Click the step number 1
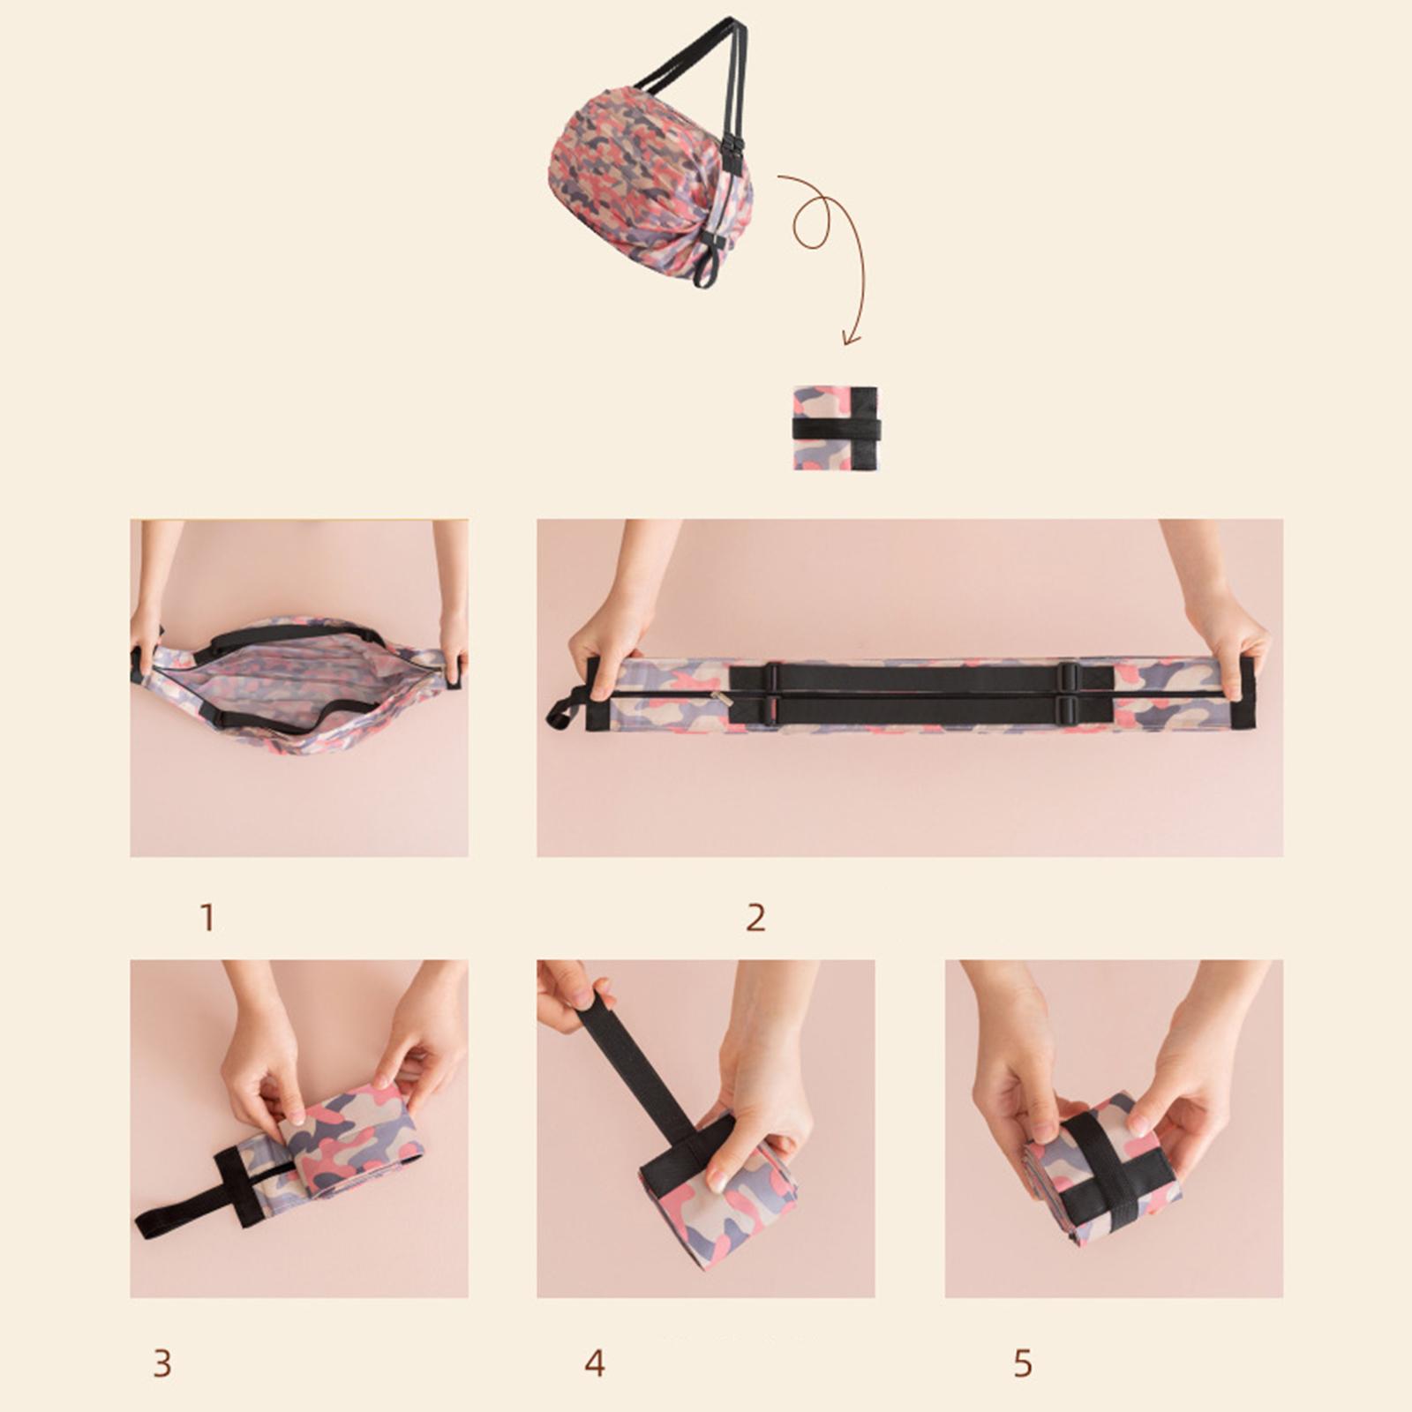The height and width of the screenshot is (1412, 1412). click(207, 918)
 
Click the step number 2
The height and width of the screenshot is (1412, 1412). click(755, 918)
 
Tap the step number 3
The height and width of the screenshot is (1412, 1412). click(161, 1363)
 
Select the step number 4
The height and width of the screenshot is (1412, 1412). click(595, 1363)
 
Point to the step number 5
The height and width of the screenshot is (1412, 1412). click(1023, 1363)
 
